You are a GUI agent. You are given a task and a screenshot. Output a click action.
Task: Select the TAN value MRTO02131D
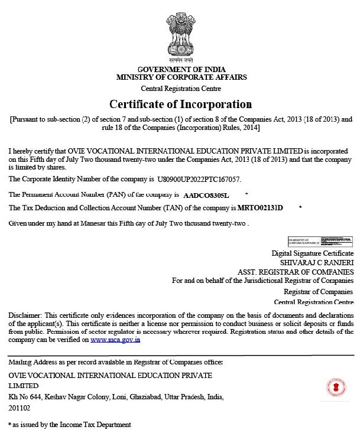pyautogui.click(x=260, y=208)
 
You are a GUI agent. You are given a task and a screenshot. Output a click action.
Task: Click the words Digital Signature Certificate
pyautogui.click(x=313, y=252)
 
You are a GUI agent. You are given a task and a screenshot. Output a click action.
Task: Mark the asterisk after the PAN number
pyautogui.click(x=246, y=194)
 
